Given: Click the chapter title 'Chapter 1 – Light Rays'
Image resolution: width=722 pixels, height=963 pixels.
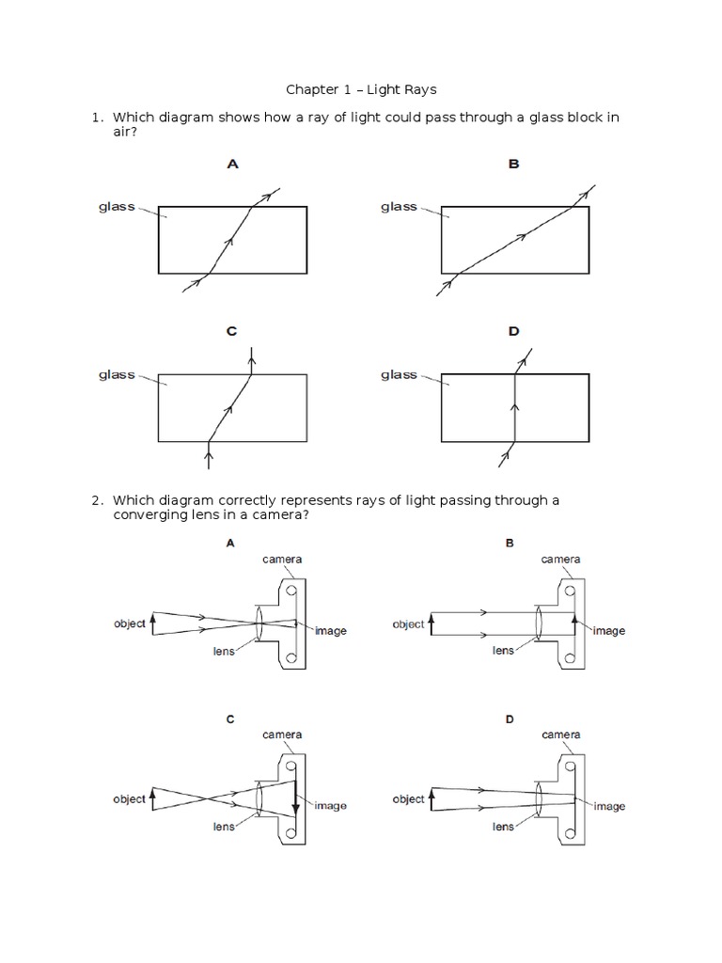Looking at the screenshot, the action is click(361, 89).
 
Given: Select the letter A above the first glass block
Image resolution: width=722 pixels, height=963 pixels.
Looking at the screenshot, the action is click(232, 164).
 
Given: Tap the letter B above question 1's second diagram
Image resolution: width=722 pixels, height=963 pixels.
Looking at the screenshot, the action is click(514, 164).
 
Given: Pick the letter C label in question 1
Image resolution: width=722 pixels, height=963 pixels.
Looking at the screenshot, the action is click(231, 331).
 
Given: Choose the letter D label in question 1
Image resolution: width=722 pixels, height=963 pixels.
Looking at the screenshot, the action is click(514, 331).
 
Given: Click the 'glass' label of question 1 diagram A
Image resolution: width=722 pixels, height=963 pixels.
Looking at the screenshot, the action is click(117, 207).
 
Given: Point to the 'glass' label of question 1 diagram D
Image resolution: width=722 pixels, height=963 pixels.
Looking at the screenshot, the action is click(399, 374).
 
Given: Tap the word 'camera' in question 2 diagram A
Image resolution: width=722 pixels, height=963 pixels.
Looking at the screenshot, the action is click(282, 560).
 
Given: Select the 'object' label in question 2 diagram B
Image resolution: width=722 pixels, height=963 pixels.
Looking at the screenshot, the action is click(408, 624).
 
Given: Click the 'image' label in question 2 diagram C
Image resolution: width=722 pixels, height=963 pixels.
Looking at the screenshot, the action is click(330, 806).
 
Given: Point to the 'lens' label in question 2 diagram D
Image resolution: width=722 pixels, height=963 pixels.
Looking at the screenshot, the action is click(503, 827).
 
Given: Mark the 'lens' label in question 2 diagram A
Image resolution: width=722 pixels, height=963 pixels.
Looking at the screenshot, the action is click(224, 651).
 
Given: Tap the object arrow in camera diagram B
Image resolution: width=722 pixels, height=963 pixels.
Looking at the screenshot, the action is click(431, 624).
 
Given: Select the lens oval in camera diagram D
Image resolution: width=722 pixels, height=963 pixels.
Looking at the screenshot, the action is click(539, 799).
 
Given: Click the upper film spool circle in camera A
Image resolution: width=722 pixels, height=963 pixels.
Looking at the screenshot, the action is click(291, 591).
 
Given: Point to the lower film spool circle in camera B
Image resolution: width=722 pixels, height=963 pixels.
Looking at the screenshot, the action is click(570, 657).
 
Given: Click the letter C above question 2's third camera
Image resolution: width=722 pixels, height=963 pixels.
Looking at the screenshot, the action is click(230, 719).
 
